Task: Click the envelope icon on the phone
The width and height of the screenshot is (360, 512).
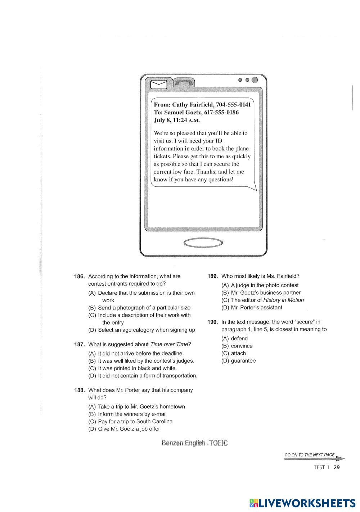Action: [x=159, y=84]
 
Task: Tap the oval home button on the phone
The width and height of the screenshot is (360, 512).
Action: [x=203, y=243]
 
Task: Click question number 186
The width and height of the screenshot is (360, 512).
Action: [x=79, y=276]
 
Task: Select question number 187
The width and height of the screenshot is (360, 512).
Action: [x=79, y=344]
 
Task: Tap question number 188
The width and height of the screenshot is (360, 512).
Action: [x=79, y=390]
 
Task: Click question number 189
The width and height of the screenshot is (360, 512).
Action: [x=213, y=276]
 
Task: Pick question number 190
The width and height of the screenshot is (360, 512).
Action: [x=213, y=322]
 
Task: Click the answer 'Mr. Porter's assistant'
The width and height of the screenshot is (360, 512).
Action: [x=256, y=308]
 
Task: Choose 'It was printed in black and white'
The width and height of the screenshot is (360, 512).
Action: [x=137, y=368]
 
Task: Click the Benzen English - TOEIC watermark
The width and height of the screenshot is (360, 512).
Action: [x=195, y=443]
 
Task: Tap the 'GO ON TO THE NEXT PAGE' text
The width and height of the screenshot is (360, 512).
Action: [x=310, y=455]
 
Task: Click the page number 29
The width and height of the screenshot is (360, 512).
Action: [x=337, y=467]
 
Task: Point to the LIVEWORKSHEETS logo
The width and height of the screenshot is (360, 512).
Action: [x=302, y=503]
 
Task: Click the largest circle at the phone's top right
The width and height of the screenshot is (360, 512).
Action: [x=255, y=80]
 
